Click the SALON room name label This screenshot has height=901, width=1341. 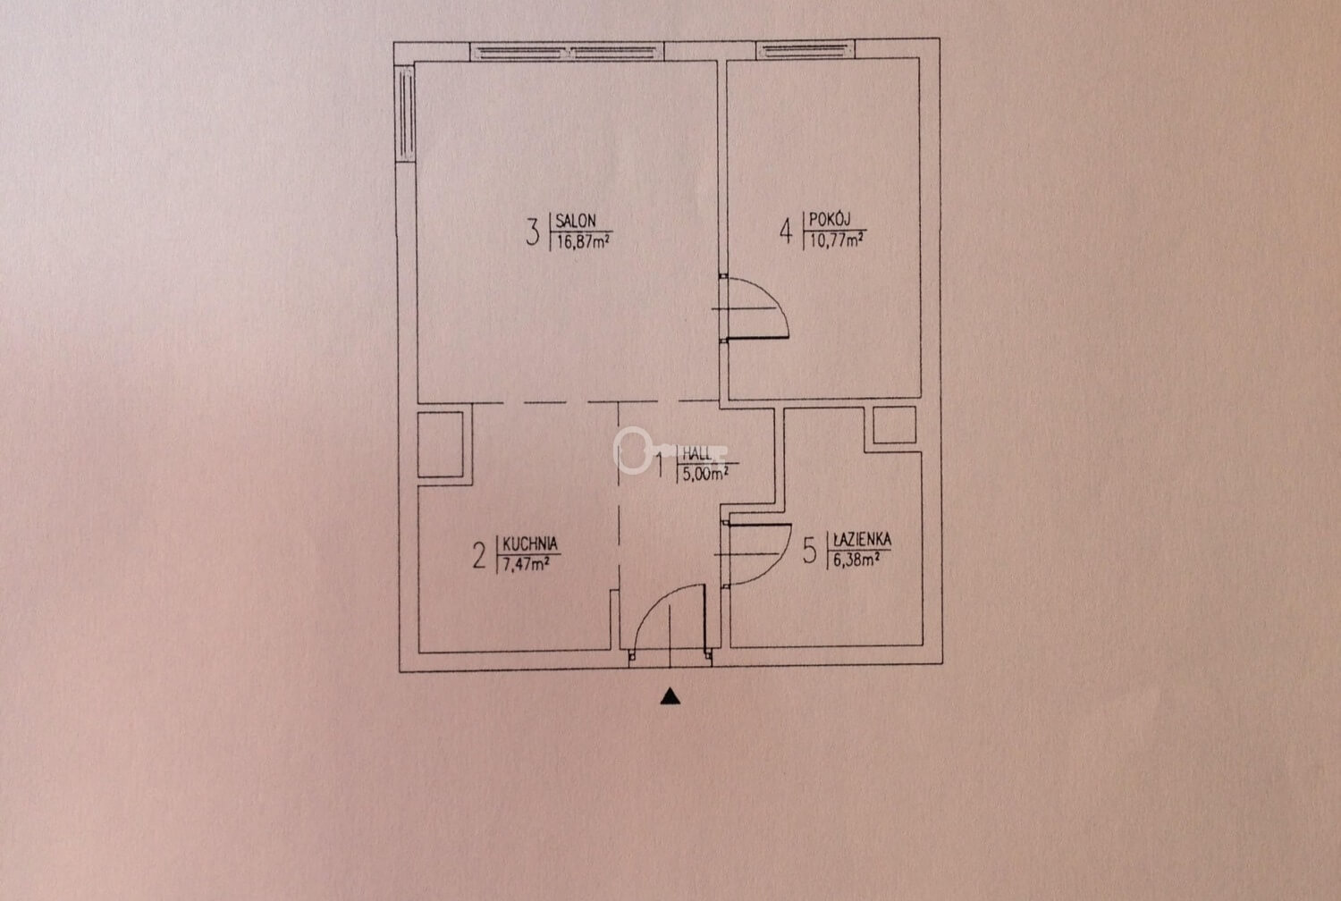pos(576,221)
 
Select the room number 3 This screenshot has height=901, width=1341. pos(532,232)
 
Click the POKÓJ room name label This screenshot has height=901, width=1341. pos(830,219)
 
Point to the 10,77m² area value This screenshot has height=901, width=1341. pos(837,240)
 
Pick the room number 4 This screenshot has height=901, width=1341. pos(786,232)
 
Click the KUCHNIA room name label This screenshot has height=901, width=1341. pos(530,543)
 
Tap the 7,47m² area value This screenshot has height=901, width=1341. pos(527,563)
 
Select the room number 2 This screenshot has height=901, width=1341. pos(479,555)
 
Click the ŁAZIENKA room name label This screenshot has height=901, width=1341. pos(858,539)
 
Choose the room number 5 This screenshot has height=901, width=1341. pos(809,551)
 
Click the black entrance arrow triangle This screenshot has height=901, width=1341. pos(670,696)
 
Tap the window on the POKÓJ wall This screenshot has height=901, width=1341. pos(805,50)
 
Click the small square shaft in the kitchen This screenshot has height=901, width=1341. pos(441,444)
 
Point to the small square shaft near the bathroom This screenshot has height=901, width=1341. pos(894,425)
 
